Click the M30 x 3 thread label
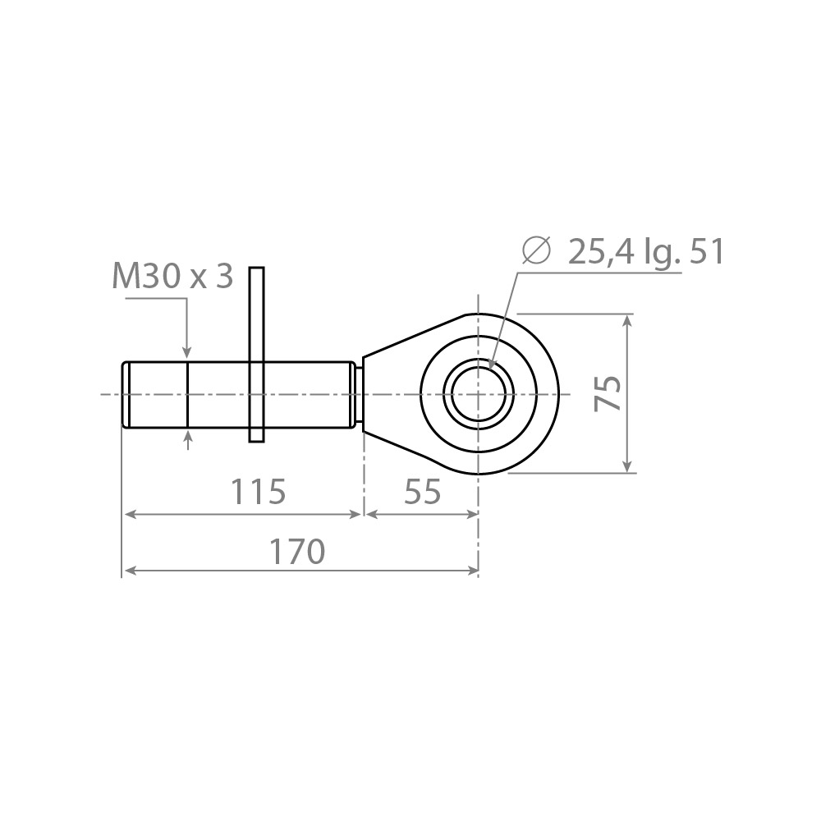click(x=172, y=277)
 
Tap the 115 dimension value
click(x=258, y=492)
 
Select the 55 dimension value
click(x=423, y=492)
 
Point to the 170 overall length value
click(x=297, y=552)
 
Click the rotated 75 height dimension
click(x=608, y=393)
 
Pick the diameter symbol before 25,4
click(x=537, y=250)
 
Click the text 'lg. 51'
click(x=686, y=253)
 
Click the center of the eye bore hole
click(x=478, y=394)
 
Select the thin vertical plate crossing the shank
click(x=256, y=355)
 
